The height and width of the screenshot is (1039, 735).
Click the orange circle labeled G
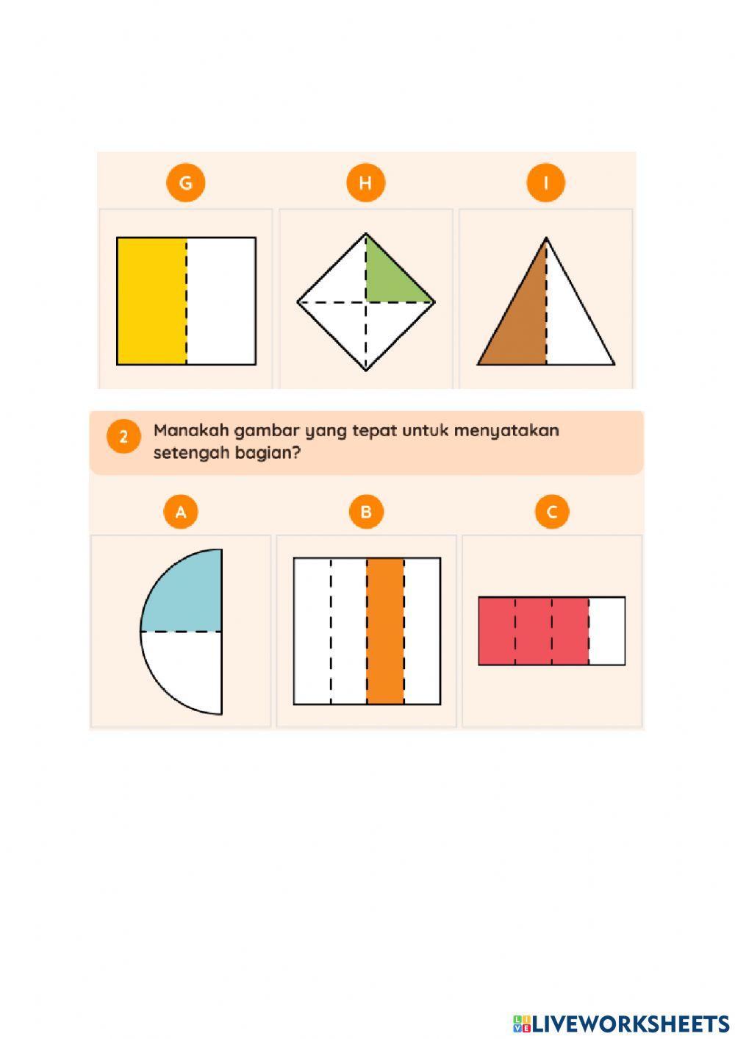(x=185, y=183)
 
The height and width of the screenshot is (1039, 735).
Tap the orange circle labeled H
(x=365, y=183)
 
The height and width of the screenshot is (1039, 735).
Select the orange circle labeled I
(x=546, y=183)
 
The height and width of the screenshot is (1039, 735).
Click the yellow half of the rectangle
(x=151, y=301)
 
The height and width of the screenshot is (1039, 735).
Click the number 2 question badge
(x=123, y=437)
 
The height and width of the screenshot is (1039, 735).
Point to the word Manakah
(x=191, y=431)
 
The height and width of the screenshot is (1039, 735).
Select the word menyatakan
(x=506, y=432)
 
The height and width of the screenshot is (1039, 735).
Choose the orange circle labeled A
(x=181, y=512)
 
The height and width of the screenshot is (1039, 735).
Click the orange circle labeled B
(x=366, y=512)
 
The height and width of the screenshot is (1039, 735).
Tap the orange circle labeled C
(x=552, y=512)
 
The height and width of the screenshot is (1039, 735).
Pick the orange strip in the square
(x=385, y=631)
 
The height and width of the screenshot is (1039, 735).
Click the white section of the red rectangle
(x=606, y=631)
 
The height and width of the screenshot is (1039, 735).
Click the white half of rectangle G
(x=220, y=301)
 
